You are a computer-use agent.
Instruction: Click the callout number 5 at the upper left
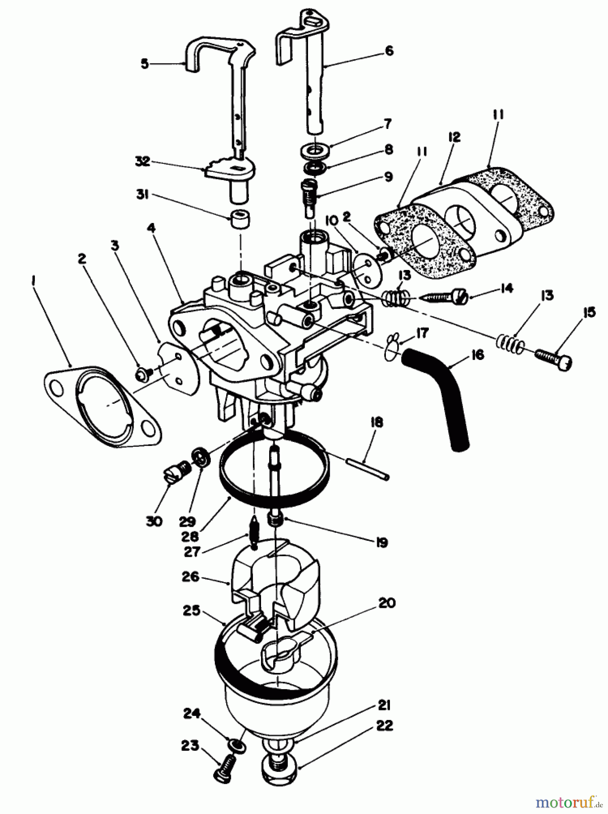coord(144,64)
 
